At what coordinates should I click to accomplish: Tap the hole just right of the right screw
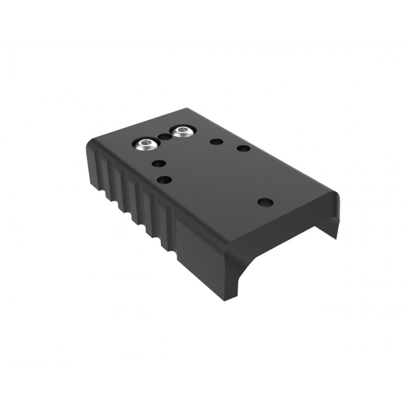(216, 141)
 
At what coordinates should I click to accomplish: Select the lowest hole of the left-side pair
(164, 180)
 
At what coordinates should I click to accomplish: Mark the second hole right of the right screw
(244, 149)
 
